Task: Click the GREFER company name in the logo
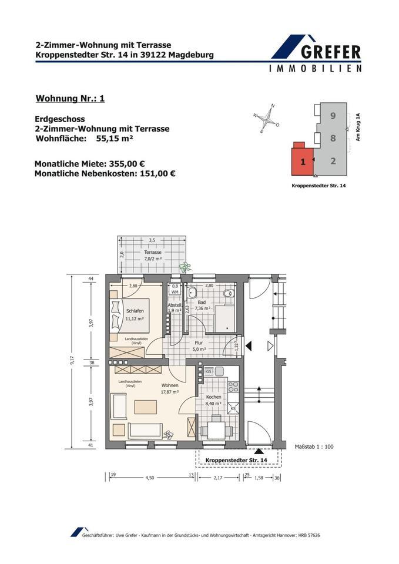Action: click(331, 52)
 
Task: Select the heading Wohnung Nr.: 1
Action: click(70, 98)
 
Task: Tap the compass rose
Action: click(267, 119)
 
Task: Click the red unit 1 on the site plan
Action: click(302, 162)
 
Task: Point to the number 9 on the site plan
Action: click(333, 116)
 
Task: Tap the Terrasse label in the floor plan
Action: click(153, 252)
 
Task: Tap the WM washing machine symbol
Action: click(175, 291)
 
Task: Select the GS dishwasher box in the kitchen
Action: click(209, 371)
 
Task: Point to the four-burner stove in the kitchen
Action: click(233, 387)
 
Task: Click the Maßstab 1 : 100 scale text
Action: click(314, 446)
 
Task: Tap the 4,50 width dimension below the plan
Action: click(150, 478)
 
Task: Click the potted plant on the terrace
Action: click(185, 267)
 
